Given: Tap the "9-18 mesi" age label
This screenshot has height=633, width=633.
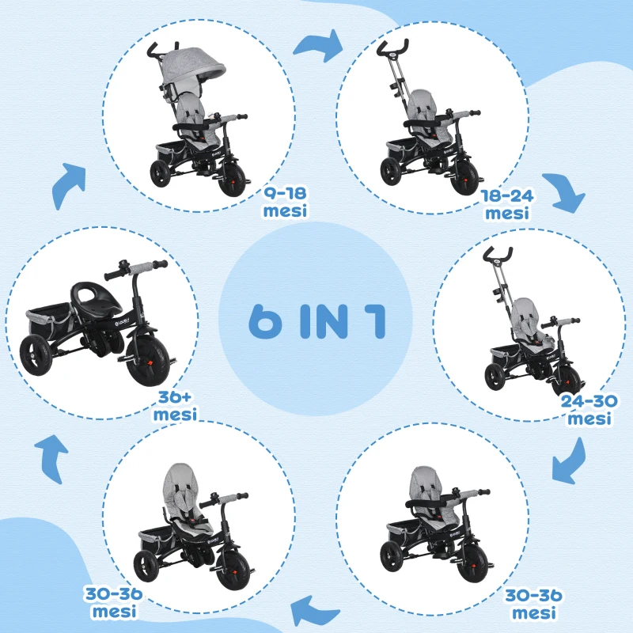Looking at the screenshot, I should pos(286,203).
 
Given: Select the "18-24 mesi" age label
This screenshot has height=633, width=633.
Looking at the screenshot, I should pos(507,204).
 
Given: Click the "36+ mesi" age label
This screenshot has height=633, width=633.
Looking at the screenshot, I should pos(176,405).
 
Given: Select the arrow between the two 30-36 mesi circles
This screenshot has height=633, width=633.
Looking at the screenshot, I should pos(314,608).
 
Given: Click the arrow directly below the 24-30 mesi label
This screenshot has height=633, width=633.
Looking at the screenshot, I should pos(570,460).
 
